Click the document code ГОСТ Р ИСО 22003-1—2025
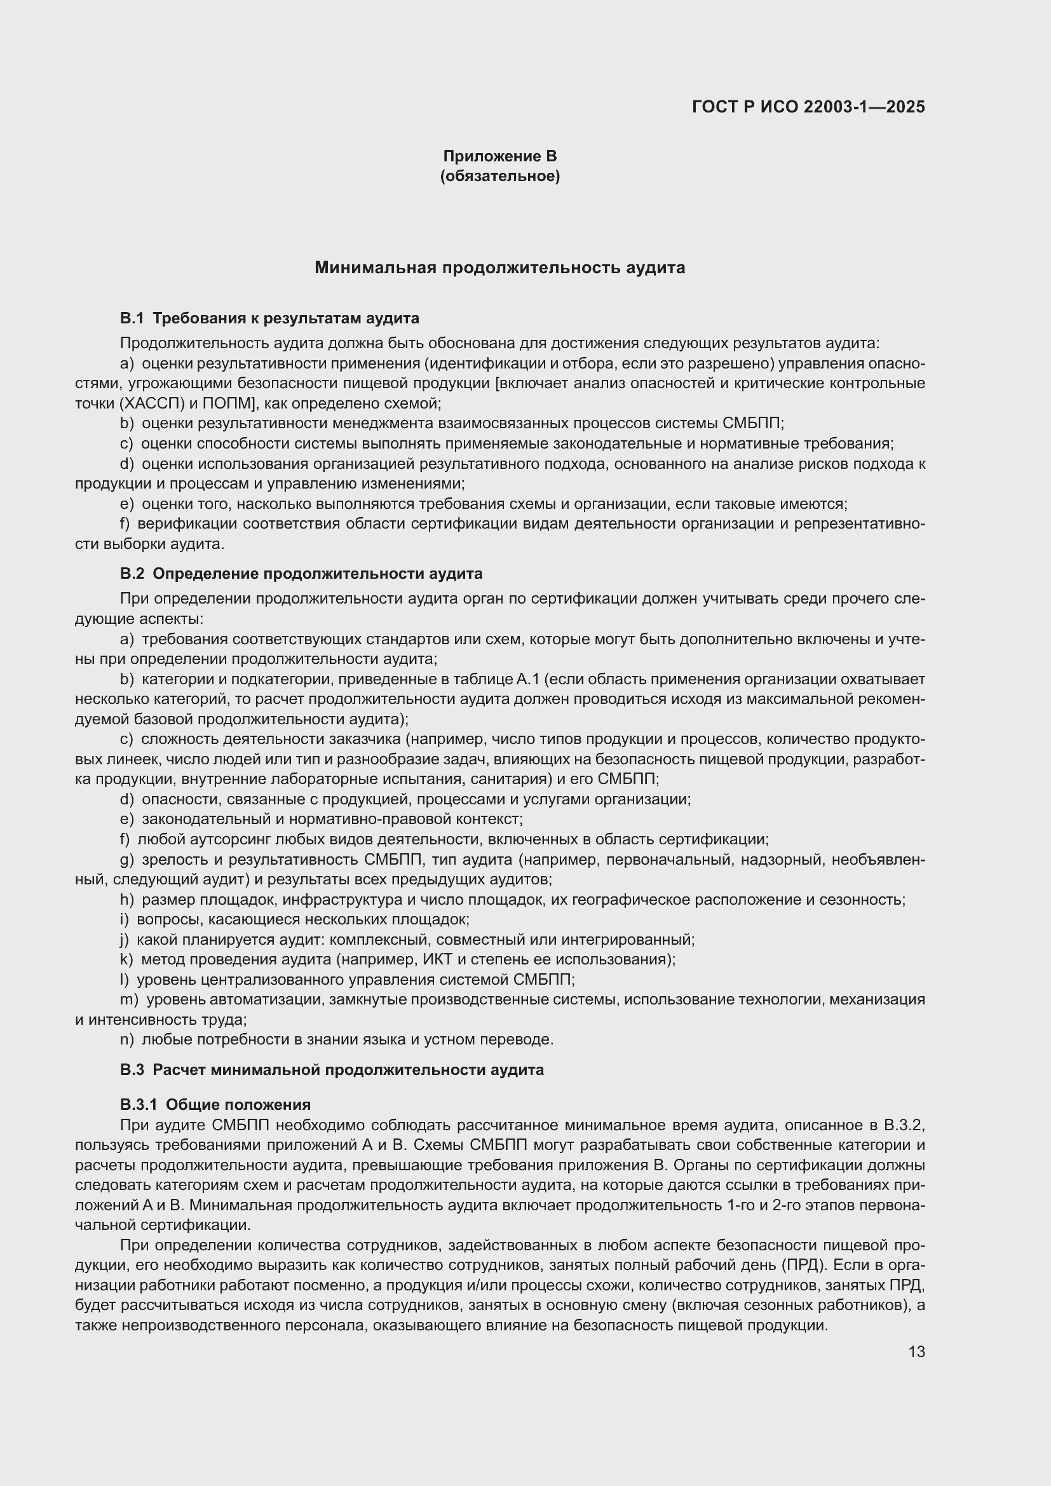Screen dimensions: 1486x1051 [x=808, y=107]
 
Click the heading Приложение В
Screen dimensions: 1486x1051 [x=499, y=156]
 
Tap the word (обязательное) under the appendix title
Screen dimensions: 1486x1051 [x=499, y=176]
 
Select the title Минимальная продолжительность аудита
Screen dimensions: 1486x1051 [x=499, y=267]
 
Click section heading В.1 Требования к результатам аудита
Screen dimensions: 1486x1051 [x=269, y=318]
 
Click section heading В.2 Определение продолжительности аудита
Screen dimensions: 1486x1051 [x=301, y=574]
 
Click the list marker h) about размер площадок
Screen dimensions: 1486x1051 [x=127, y=900]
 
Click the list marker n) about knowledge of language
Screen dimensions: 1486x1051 [x=127, y=1039]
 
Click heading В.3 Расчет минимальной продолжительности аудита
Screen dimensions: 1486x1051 [x=331, y=1070]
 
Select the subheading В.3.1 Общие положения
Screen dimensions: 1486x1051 [x=215, y=1105]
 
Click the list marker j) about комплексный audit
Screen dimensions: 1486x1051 [x=125, y=939]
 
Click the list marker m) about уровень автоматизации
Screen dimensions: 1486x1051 [x=130, y=999]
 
